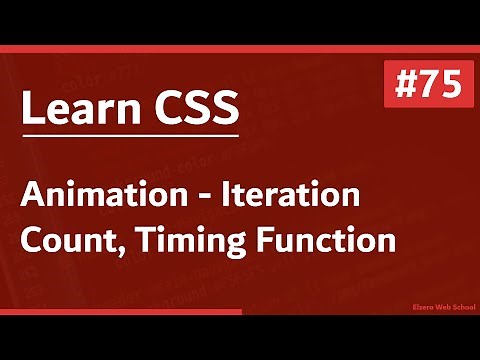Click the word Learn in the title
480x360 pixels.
(81, 107)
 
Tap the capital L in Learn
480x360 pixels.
(30, 107)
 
